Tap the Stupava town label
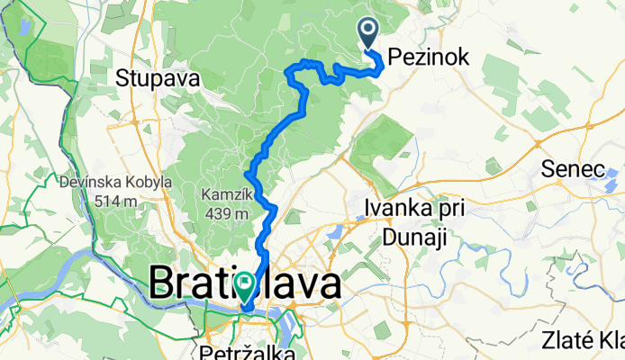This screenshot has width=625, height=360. point(157,78)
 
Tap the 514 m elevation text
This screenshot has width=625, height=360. point(115,200)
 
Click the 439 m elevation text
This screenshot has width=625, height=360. point(225,213)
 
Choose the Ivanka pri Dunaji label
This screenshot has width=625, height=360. point(414,222)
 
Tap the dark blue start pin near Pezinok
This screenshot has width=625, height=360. point(370,33)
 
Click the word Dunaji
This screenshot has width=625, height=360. point(414,236)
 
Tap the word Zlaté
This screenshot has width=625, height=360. point(567,341)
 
